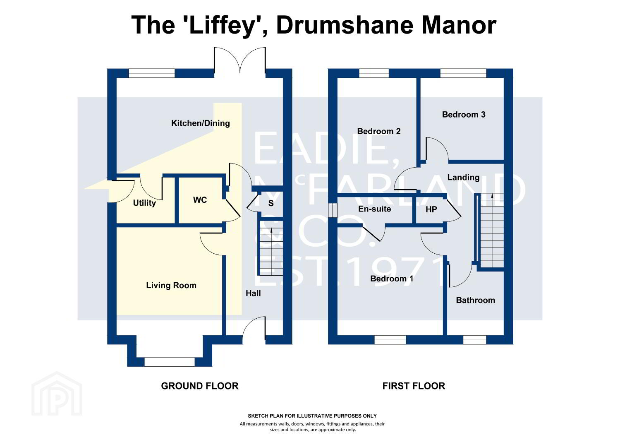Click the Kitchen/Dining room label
click(200, 123)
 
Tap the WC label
click(200, 200)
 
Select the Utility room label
click(144, 203)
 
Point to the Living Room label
click(171, 286)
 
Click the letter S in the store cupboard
click(271, 203)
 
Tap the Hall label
click(253, 293)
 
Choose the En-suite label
click(374, 209)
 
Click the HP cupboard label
click(431, 209)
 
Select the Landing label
click(463, 178)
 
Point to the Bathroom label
click(475, 300)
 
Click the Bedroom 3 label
click(464, 115)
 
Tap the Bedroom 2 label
click(378, 131)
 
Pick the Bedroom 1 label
click(392, 279)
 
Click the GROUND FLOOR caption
click(200, 386)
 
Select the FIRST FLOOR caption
click(414, 386)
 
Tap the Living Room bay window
click(170, 362)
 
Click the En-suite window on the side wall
click(333, 210)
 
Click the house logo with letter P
click(57, 394)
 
